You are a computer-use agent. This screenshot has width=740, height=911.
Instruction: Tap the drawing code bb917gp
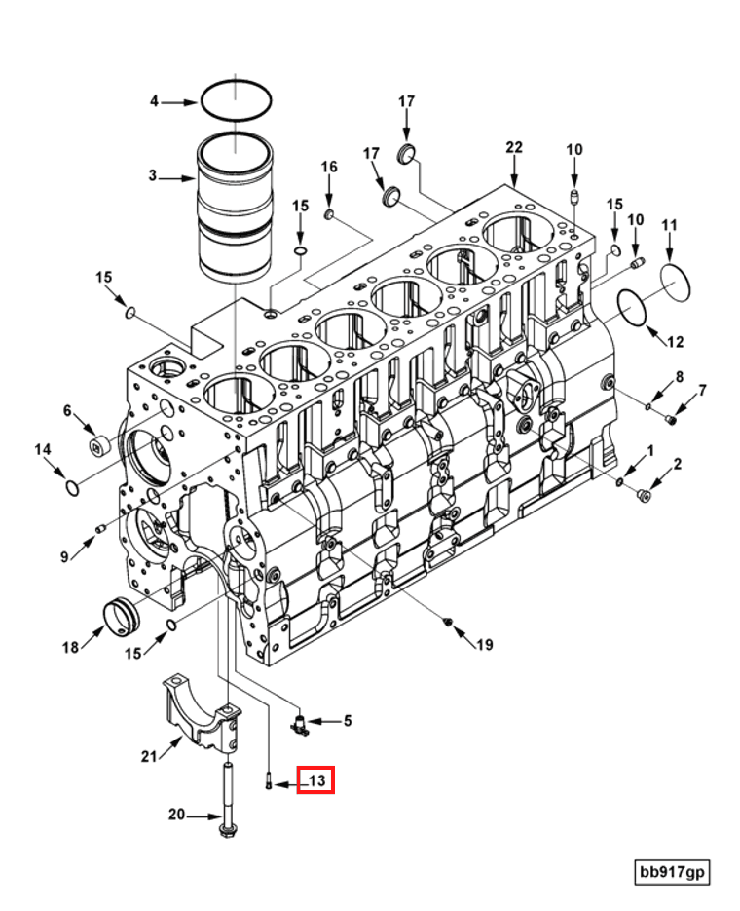(x=672, y=871)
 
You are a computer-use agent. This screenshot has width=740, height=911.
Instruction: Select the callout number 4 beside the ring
(x=154, y=101)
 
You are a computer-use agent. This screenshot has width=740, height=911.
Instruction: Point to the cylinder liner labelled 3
(x=235, y=207)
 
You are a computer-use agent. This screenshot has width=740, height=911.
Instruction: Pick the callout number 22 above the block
(x=514, y=147)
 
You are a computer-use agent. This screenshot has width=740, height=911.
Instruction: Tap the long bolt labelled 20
(x=227, y=801)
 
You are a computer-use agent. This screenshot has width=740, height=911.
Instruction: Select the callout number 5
(x=347, y=720)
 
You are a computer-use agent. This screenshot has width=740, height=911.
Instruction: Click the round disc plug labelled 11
(x=676, y=283)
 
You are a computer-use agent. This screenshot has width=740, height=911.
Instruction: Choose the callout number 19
(x=485, y=644)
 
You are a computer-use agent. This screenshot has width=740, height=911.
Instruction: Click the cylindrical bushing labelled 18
(x=121, y=618)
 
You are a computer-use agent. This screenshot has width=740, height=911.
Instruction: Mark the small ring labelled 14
(x=72, y=488)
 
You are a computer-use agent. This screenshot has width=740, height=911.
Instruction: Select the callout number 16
(x=329, y=167)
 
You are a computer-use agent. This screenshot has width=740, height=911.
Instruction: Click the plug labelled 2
(x=643, y=495)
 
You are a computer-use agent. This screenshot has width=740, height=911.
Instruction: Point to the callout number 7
(x=702, y=390)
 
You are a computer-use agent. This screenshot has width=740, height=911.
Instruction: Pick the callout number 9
(x=64, y=556)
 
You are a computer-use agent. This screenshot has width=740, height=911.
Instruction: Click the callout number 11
(x=669, y=225)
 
